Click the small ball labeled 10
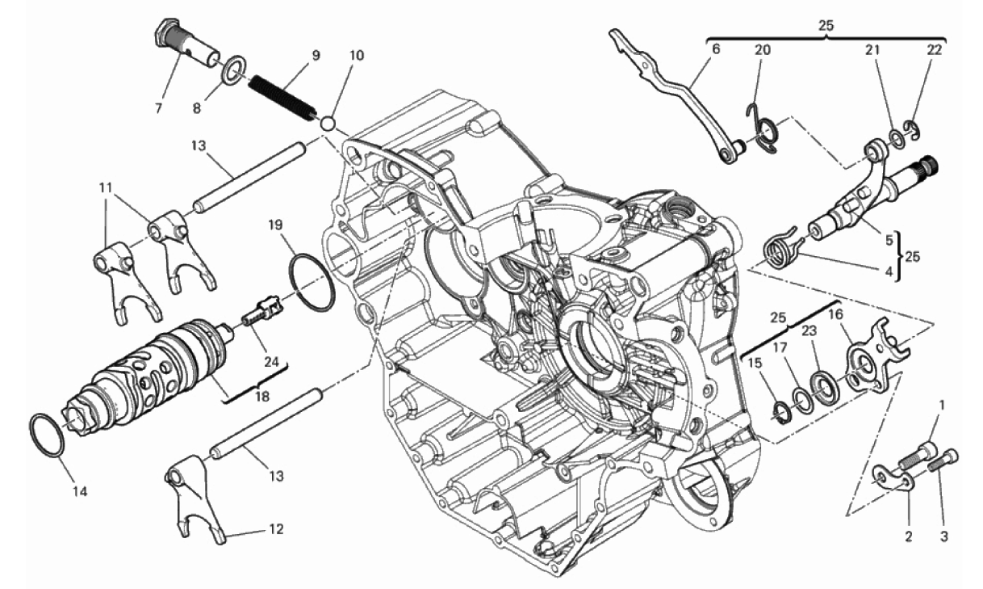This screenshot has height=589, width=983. (x=328, y=124)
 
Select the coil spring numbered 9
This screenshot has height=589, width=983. (x=282, y=99)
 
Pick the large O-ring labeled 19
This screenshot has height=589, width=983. (x=313, y=283)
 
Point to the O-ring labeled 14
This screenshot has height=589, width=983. (x=47, y=435)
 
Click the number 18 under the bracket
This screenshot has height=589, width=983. (x=262, y=396)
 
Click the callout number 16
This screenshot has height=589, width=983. (x=835, y=314)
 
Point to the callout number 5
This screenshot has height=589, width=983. (x=889, y=240)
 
